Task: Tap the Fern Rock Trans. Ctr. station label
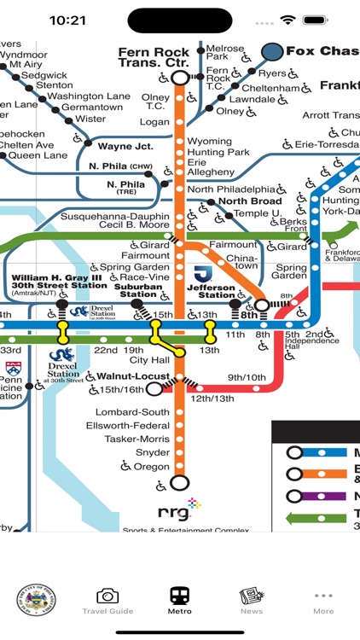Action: [x=154, y=57]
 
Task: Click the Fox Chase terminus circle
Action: [x=273, y=51]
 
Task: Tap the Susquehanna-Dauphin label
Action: [x=122, y=217]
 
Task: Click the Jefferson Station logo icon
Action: [x=202, y=275]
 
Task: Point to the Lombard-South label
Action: [x=132, y=412]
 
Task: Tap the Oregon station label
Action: [x=151, y=467]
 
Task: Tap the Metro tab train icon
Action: [x=180, y=595]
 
